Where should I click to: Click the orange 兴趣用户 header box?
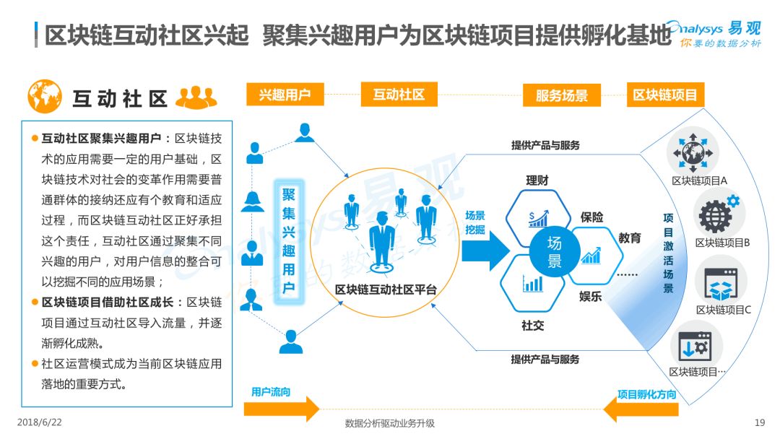(x=285, y=95)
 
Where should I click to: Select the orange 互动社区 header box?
(x=399, y=95)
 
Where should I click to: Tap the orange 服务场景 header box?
(x=562, y=95)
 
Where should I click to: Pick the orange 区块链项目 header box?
(x=665, y=95)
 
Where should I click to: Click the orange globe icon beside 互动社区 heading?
(x=45, y=97)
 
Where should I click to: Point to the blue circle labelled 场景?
(x=554, y=251)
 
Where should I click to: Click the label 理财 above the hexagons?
(x=537, y=181)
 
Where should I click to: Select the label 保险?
(x=591, y=217)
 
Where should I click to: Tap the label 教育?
(x=630, y=238)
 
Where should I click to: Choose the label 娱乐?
(x=591, y=297)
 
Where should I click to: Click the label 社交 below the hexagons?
(x=533, y=326)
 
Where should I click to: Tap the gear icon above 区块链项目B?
(x=719, y=214)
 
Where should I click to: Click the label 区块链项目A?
(x=699, y=181)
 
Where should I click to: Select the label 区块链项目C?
(x=723, y=310)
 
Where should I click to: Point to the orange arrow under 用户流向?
(x=282, y=409)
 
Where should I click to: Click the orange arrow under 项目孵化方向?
(x=641, y=409)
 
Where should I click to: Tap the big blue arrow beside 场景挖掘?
(x=485, y=251)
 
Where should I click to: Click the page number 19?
(x=760, y=422)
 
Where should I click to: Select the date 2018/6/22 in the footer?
(x=40, y=422)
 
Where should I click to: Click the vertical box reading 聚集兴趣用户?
(x=288, y=241)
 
